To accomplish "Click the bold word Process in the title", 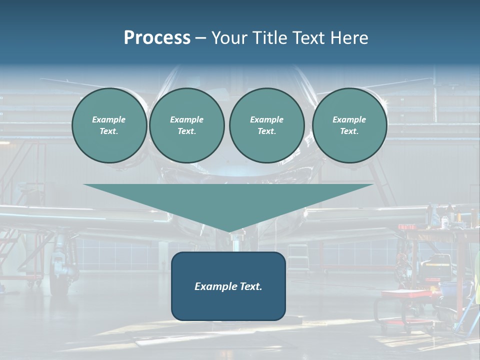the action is point(157,37).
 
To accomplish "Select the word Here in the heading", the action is point(348,37).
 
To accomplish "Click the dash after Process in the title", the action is point(200,38).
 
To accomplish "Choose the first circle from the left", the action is point(109,125).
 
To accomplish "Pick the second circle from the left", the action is point(186,125).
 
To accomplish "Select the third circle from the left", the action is point(266,125).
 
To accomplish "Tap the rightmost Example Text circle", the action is point(349,125).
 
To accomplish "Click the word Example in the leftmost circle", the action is point(109,119).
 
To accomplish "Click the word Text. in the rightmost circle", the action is point(349,131).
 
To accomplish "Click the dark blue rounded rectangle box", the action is point(228,286).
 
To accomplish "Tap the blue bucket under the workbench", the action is point(452,290).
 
